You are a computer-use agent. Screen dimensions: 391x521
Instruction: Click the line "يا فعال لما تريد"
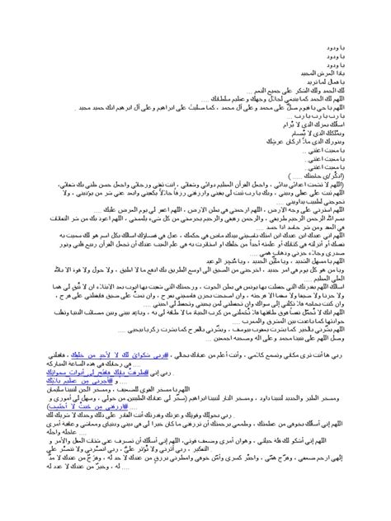tap(351, 82)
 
